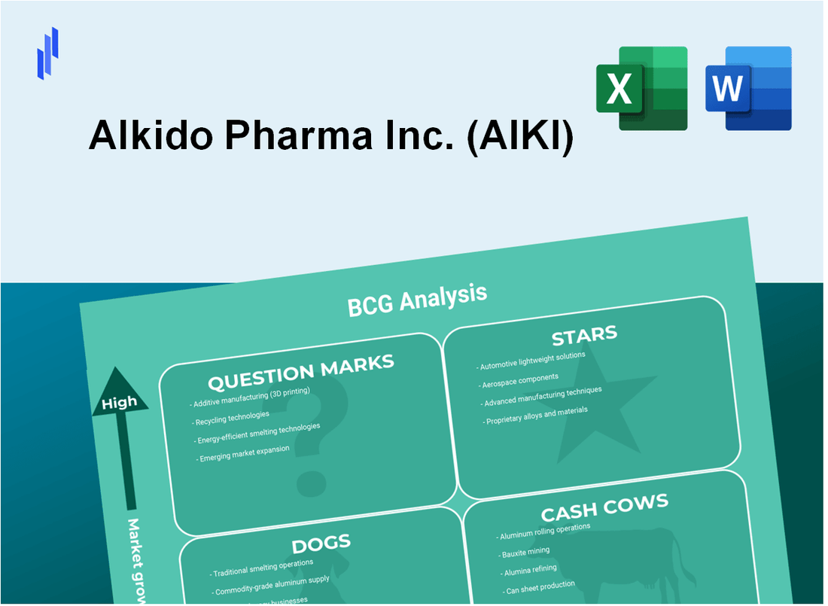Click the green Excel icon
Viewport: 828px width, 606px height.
[641, 88]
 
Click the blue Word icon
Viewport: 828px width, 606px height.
[748, 88]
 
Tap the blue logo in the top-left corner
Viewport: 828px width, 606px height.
[47, 53]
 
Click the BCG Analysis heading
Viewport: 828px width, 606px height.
[417, 301]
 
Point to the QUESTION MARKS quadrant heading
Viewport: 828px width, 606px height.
[300, 372]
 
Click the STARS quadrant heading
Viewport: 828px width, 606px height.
[584, 333]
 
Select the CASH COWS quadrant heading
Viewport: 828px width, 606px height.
[604, 508]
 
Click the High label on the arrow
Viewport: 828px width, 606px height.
[119, 403]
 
